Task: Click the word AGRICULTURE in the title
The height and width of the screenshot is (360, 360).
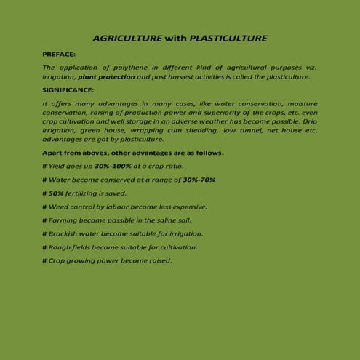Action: pos(124,37)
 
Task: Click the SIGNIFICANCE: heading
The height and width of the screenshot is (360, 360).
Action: pos(68,90)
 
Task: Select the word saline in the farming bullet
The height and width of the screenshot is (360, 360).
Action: pos(173,220)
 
